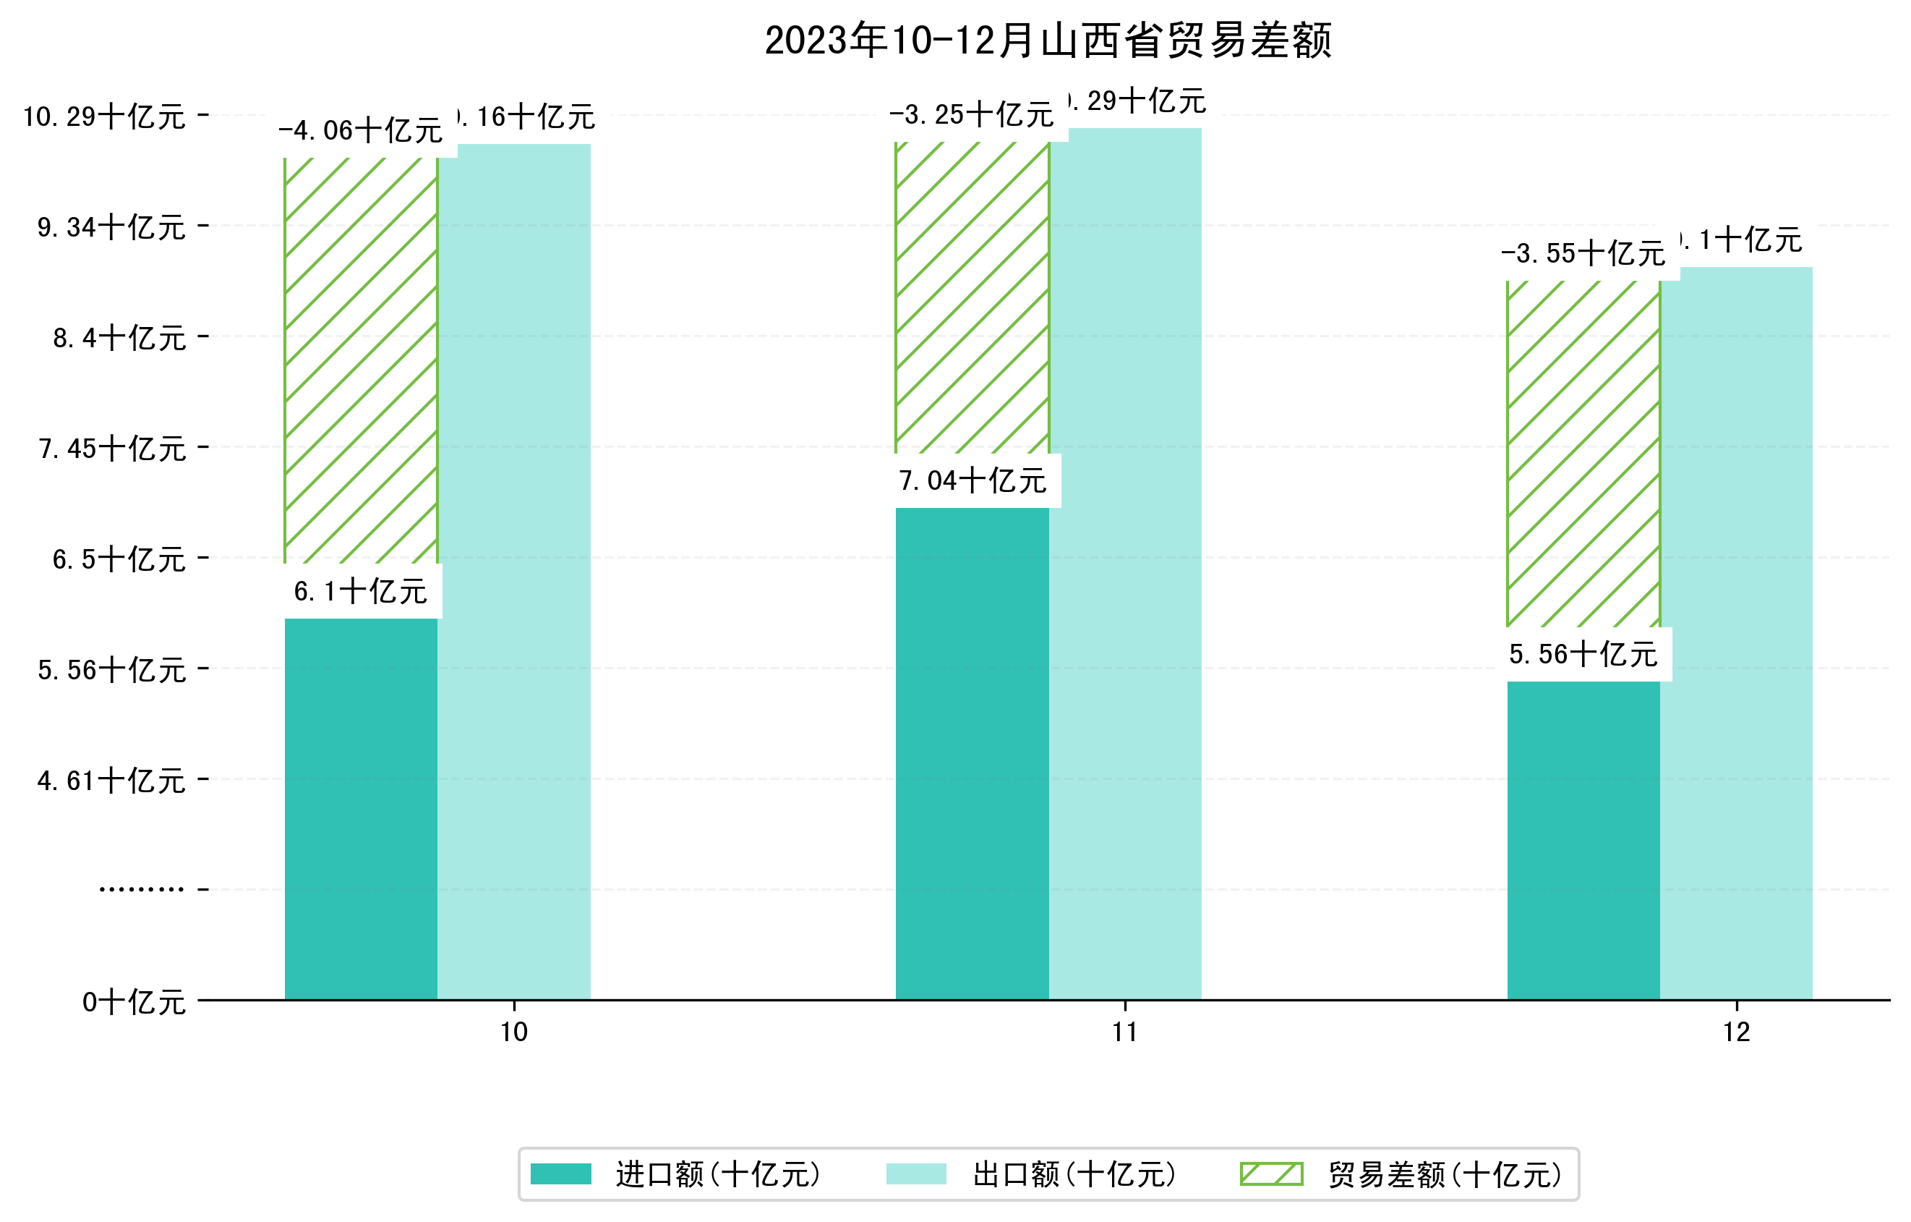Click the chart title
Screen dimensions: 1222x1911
click(x=1048, y=41)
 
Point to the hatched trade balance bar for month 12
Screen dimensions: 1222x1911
click(x=1583, y=454)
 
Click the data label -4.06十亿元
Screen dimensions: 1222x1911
click(x=360, y=131)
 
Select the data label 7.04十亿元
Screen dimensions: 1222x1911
click(x=972, y=481)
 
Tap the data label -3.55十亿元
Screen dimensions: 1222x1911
click(x=1583, y=254)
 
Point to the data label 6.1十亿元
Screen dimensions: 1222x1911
click(x=360, y=592)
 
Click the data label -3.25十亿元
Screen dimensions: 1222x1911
click(x=971, y=115)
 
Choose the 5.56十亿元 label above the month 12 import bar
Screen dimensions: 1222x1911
click(x=1583, y=655)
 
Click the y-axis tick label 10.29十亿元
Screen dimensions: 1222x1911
click(x=104, y=116)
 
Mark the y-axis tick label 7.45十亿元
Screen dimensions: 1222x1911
click(x=112, y=449)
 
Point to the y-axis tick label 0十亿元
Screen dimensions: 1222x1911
click(x=133, y=1002)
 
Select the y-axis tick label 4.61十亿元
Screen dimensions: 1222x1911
click(x=111, y=781)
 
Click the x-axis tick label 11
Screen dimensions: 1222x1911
click(x=1124, y=1032)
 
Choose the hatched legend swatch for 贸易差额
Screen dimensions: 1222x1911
click(x=1271, y=1174)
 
